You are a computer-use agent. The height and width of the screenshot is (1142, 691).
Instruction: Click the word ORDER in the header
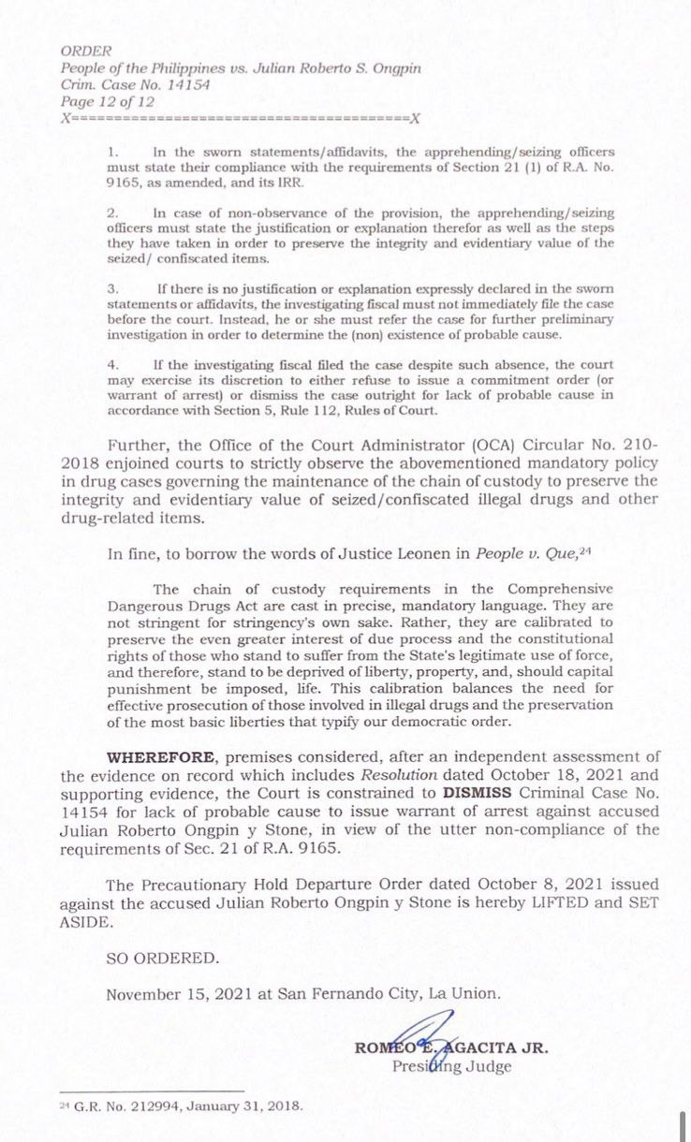(86, 51)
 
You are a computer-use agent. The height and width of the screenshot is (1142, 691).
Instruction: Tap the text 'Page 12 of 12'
(107, 102)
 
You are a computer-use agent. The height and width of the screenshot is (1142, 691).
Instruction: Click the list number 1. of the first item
(112, 152)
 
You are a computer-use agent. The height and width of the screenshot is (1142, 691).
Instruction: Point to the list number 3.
(112, 289)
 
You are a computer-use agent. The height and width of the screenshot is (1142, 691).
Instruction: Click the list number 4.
(112, 364)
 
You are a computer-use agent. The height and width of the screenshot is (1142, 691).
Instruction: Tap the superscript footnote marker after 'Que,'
(586, 549)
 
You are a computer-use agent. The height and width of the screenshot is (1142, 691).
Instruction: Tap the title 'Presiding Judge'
(451, 1067)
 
